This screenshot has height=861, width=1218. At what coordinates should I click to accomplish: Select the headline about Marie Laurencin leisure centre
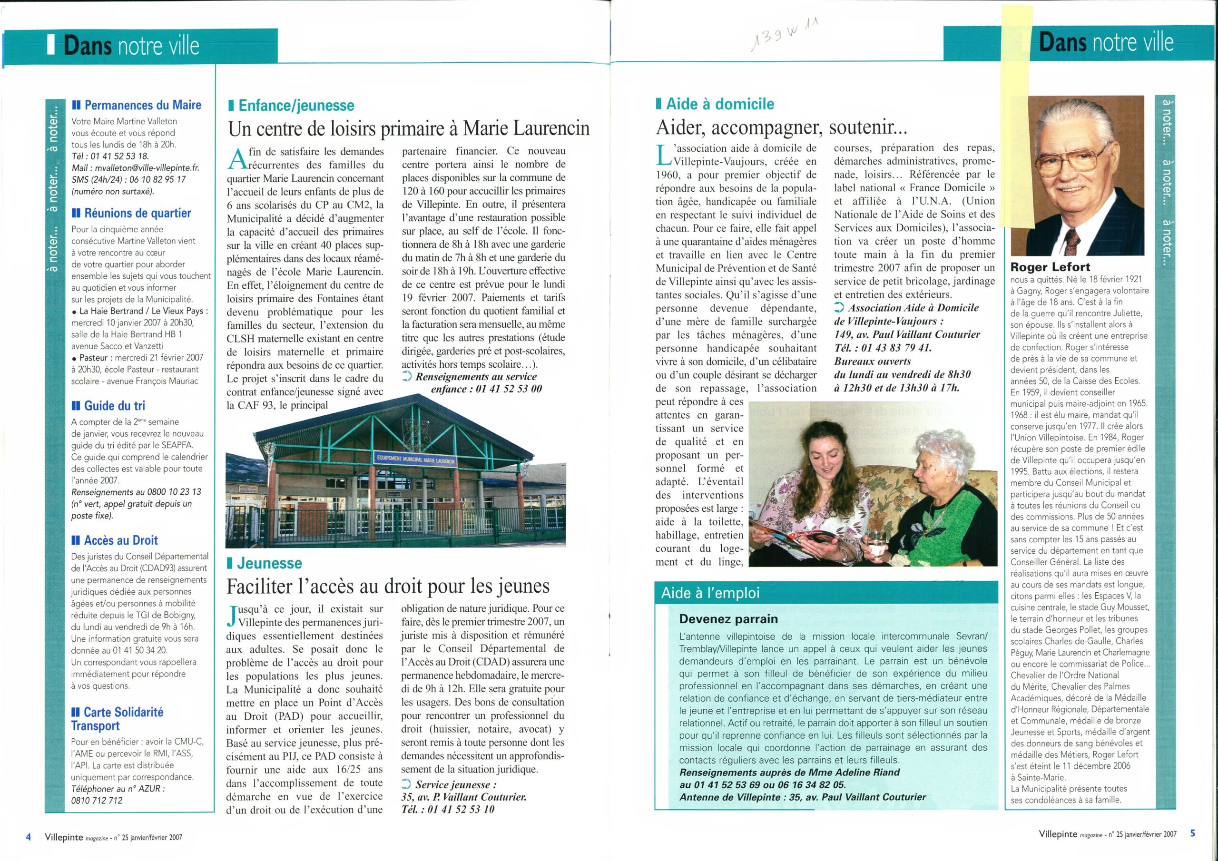coord(409,128)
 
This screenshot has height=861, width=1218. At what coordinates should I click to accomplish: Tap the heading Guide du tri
coord(114,406)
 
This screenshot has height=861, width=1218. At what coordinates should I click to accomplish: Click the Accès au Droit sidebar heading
coord(120,540)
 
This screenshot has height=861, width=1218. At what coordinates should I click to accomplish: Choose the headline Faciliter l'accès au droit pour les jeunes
coord(388,586)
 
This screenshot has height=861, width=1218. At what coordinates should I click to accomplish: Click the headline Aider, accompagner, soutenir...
coord(781,127)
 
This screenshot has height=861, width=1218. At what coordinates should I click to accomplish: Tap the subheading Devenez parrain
coord(728,619)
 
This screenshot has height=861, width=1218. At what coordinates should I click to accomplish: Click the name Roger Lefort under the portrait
coord(1050,267)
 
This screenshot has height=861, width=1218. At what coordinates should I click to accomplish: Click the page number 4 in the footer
coord(28,837)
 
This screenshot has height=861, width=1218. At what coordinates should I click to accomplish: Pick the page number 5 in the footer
coord(1192,833)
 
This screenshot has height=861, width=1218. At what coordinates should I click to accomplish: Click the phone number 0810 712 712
coord(97,801)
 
